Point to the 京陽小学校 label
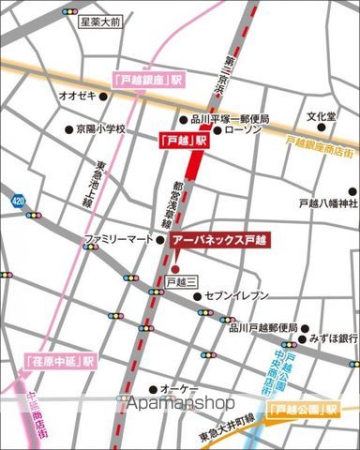[x=100, y=129]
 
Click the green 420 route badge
[x=18, y=200]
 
